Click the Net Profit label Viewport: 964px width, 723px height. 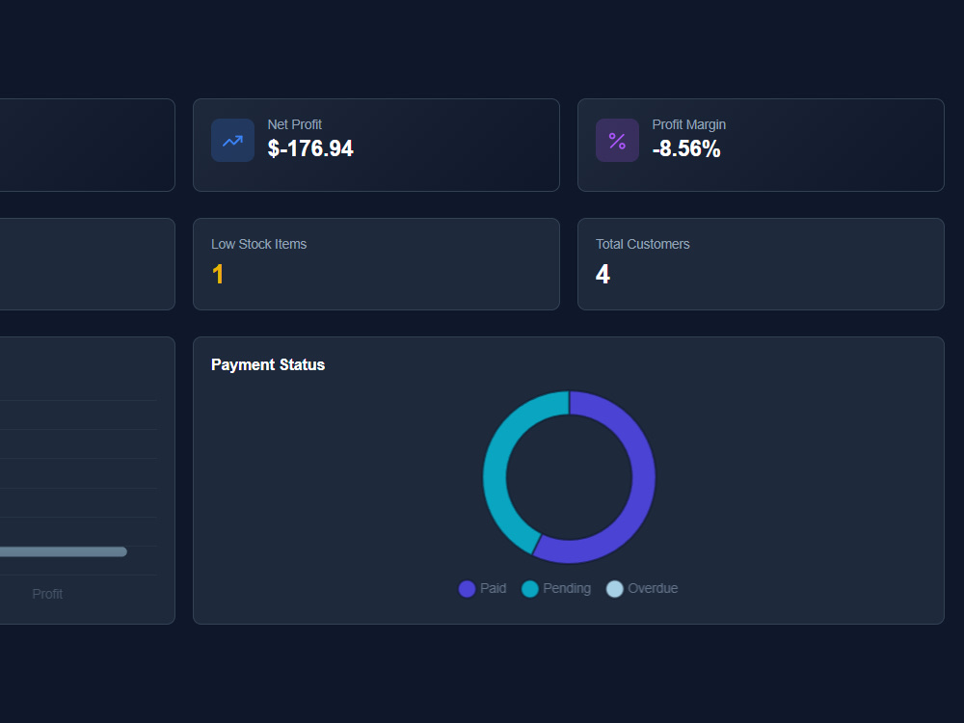tap(294, 124)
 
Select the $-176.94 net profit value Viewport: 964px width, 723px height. tap(310, 148)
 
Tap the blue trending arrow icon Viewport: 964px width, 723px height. tap(232, 141)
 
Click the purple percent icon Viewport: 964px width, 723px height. tap(617, 141)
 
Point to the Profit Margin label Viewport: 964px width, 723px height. tap(689, 124)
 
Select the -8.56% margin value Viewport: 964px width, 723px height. tap(686, 148)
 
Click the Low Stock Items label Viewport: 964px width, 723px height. tap(258, 244)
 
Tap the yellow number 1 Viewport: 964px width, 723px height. tap(218, 274)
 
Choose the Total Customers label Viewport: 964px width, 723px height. tap(642, 244)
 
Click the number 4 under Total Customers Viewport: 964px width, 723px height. tap(602, 274)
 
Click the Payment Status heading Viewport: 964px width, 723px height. tap(268, 364)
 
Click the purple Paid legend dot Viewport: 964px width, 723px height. tap(468, 589)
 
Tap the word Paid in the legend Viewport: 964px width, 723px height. tap(493, 588)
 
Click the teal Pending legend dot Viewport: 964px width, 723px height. tap(530, 589)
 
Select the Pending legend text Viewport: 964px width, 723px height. tap(567, 588)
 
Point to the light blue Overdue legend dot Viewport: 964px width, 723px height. tap(615, 589)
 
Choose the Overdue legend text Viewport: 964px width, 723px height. tap(653, 588)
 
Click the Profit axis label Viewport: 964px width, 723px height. tap(47, 594)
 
